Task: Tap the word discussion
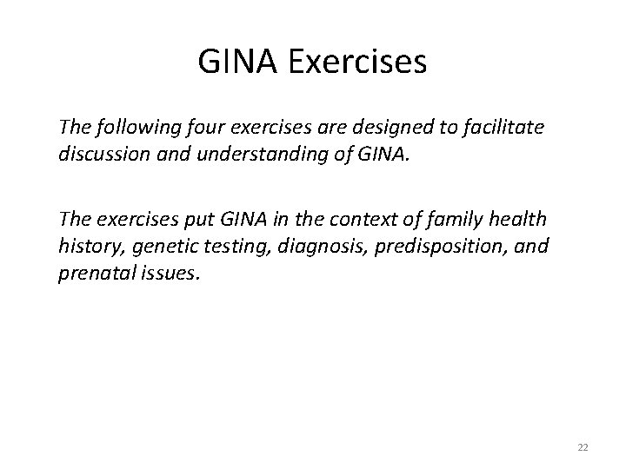(100, 155)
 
